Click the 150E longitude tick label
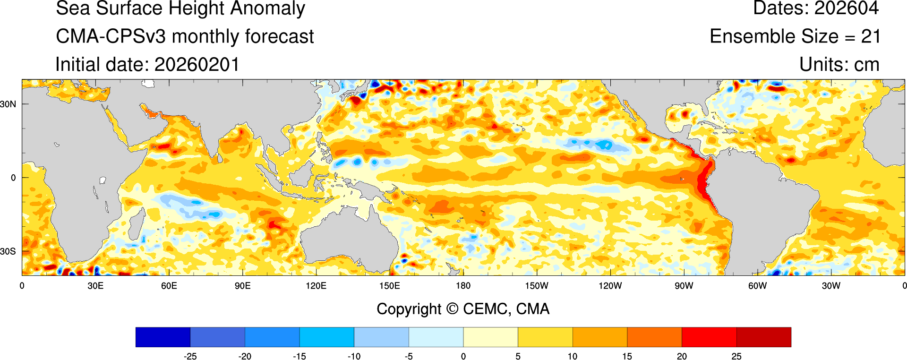389,286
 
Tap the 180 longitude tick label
463,286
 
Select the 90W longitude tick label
684,286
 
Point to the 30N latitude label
8,104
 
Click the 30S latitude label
8,251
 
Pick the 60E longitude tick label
169,286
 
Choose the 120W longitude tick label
610,286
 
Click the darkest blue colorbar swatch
163,337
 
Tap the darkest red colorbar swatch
763,337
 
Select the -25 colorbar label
190,356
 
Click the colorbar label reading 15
627,356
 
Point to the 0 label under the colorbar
463,356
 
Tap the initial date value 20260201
197,65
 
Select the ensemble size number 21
870,36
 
